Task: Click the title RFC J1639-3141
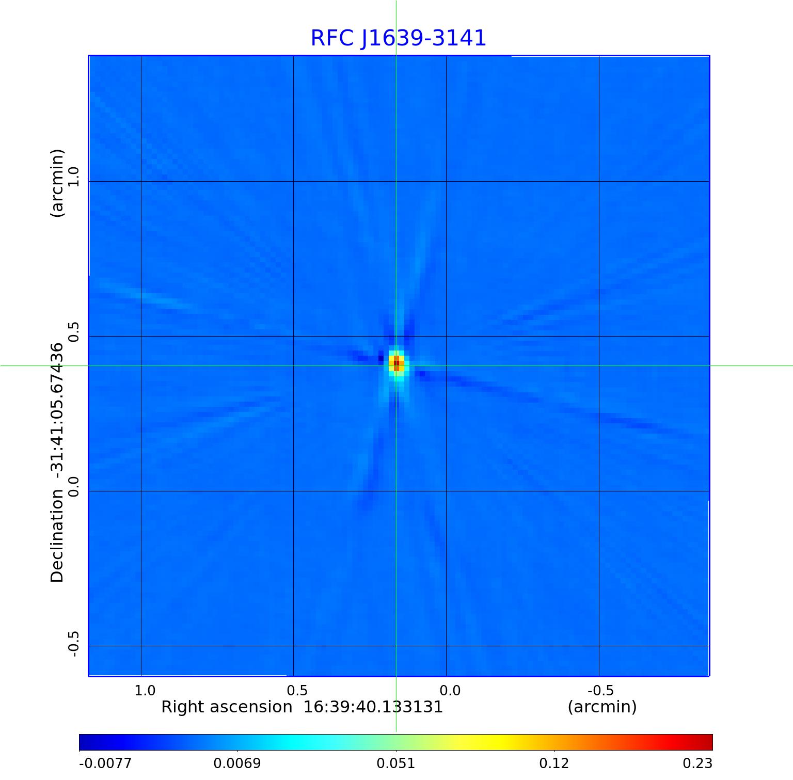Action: tap(398, 38)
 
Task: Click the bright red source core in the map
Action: tap(396, 363)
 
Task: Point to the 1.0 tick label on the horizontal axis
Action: tap(145, 690)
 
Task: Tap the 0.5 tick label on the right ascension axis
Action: tap(297, 690)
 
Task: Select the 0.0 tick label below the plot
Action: tap(450, 690)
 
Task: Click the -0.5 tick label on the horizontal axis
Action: tap(600, 690)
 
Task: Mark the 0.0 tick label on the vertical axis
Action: tap(73, 486)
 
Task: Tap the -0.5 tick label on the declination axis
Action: tap(73, 643)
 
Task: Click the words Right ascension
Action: tap(227, 707)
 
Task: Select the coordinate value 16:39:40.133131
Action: tap(373, 707)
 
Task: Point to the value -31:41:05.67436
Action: tap(57, 411)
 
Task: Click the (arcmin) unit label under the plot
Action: tap(602, 707)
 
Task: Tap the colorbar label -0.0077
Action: tap(105, 763)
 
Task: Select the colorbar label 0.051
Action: tap(395, 763)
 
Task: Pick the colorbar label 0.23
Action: tap(698, 763)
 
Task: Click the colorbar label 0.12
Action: tap(553, 763)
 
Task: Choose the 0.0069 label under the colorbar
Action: tap(237, 763)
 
